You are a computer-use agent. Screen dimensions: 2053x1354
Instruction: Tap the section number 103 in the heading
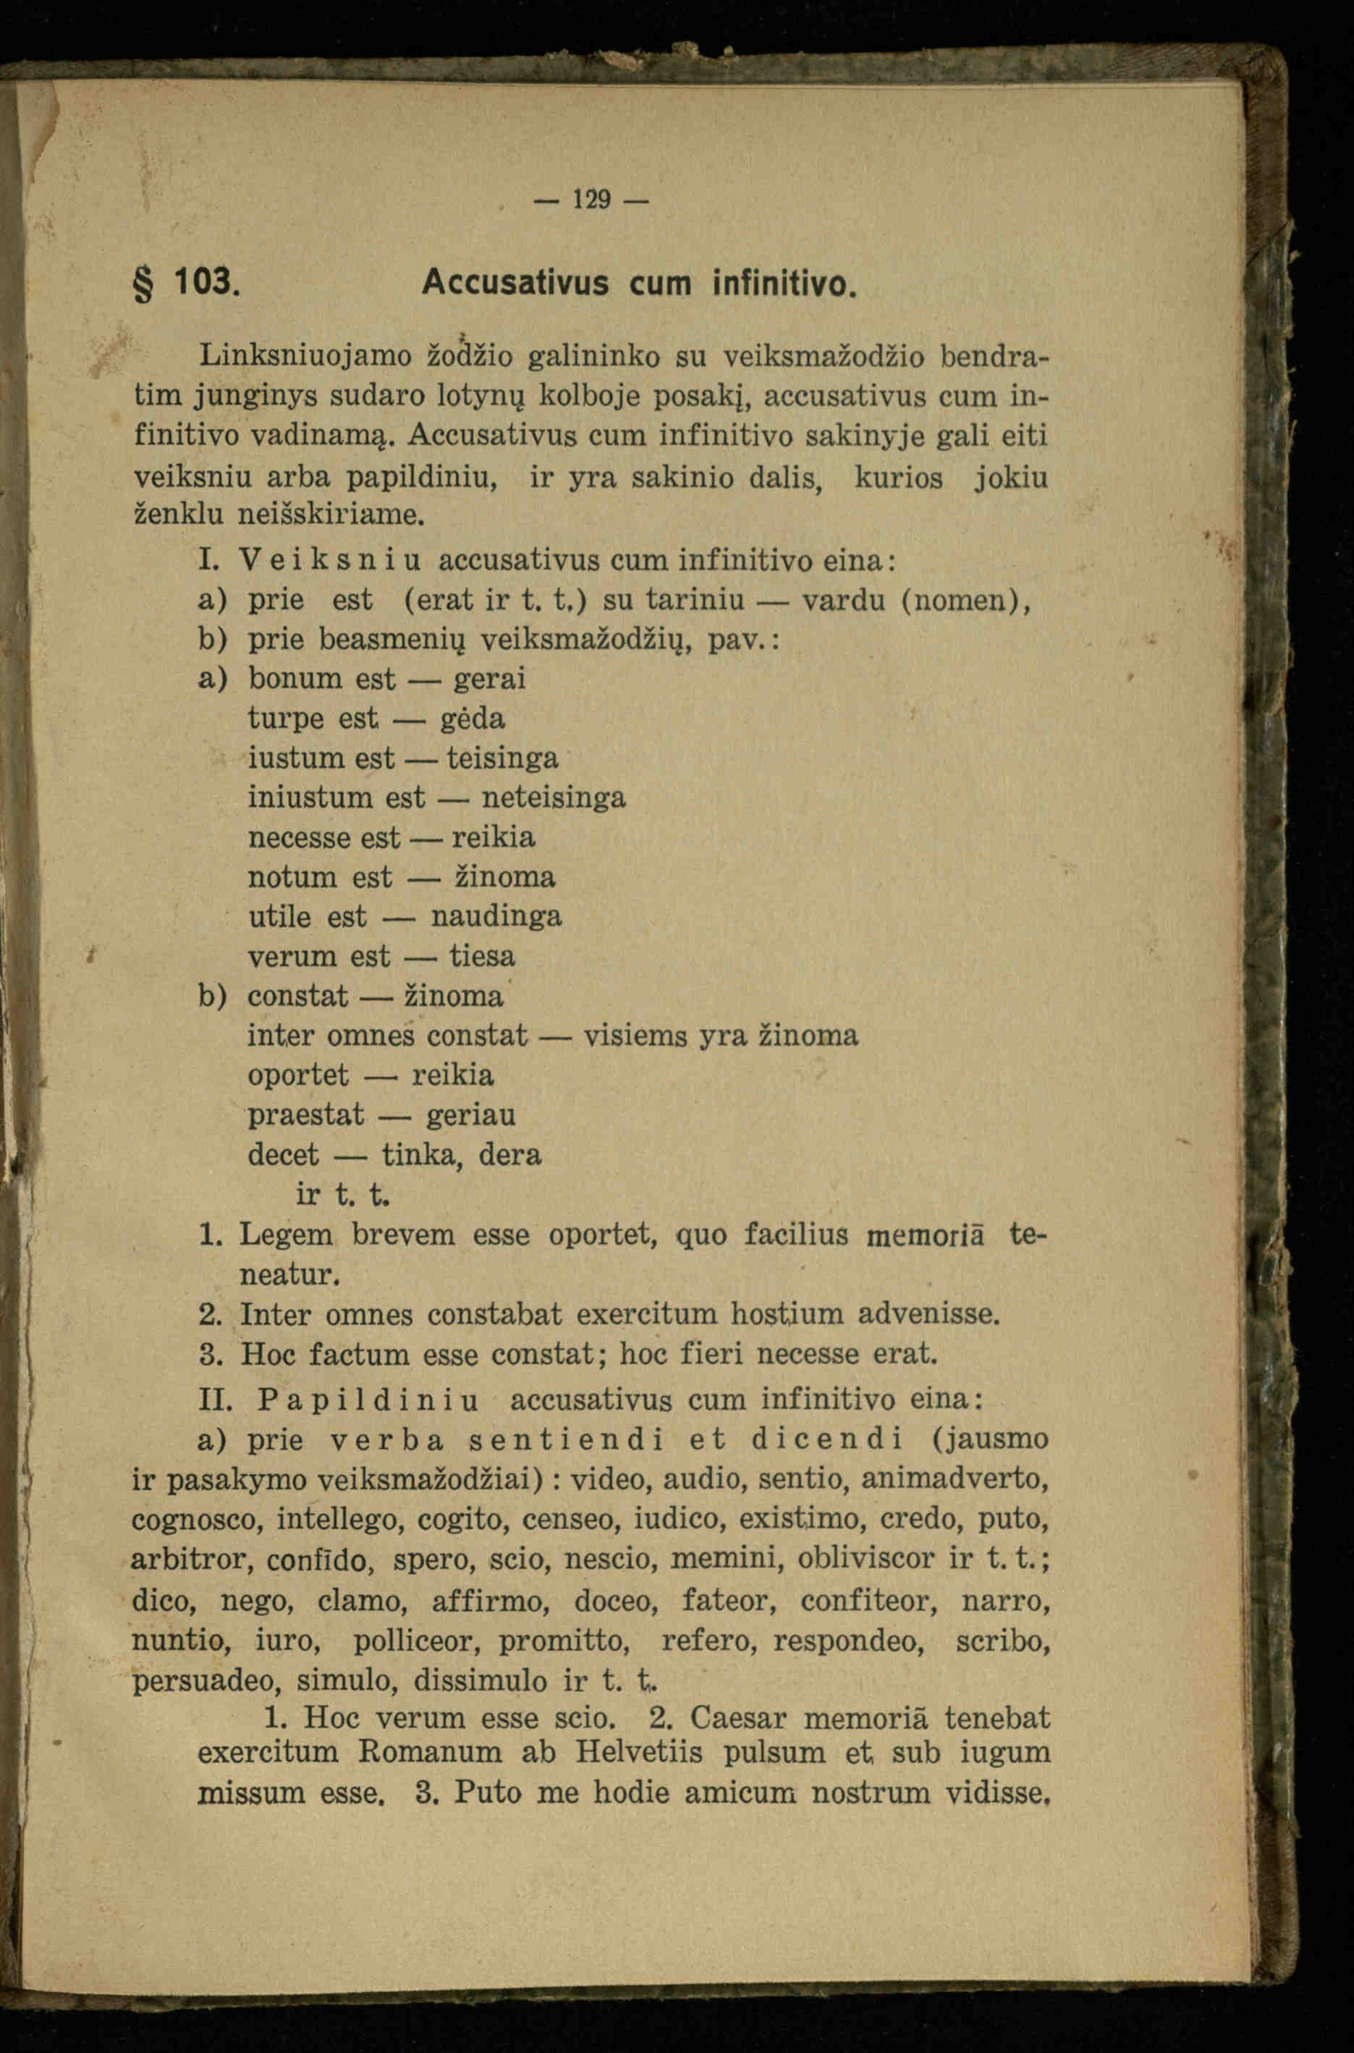pos(205,282)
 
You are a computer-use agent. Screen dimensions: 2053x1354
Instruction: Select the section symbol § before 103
pos(143,284)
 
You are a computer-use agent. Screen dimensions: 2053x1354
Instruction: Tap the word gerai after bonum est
pos(490,679)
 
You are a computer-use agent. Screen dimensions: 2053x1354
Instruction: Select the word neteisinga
pos(553,797)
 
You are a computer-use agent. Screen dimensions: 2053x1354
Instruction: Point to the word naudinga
pos(496,916)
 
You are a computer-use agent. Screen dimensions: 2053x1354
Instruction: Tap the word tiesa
pos(482,956)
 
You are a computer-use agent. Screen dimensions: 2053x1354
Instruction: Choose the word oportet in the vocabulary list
pos(298,1075)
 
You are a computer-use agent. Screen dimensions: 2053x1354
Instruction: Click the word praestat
pos(305,1114)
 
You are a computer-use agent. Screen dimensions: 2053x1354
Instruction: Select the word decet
pos(283,1154)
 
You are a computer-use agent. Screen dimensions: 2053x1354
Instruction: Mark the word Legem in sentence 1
pos(285,1235)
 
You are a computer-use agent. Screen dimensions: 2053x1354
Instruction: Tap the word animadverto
pos(955,1479)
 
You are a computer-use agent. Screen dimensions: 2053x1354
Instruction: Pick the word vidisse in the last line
pos(997,1793)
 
